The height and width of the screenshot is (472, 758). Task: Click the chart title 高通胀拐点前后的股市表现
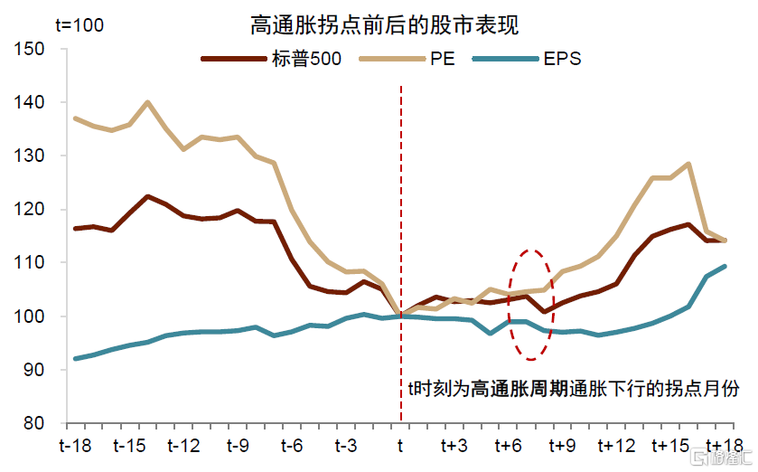pyautogui.click(x=384, y=24)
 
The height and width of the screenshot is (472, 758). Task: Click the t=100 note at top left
pyautogui.click(x=80, y=25)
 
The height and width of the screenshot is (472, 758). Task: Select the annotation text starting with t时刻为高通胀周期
pyautogui.click(x=574, y=390)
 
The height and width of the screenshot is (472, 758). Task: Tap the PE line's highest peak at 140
pyautogui.click(x=147, y=102)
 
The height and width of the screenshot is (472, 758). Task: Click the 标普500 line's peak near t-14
pyautogui.click(x=147, y=196)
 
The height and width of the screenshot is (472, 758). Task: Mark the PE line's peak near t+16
pyautogui.click(x=688, y=164)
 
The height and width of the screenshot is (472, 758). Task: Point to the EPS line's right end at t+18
pyautogui.click(x=725, y=266)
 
